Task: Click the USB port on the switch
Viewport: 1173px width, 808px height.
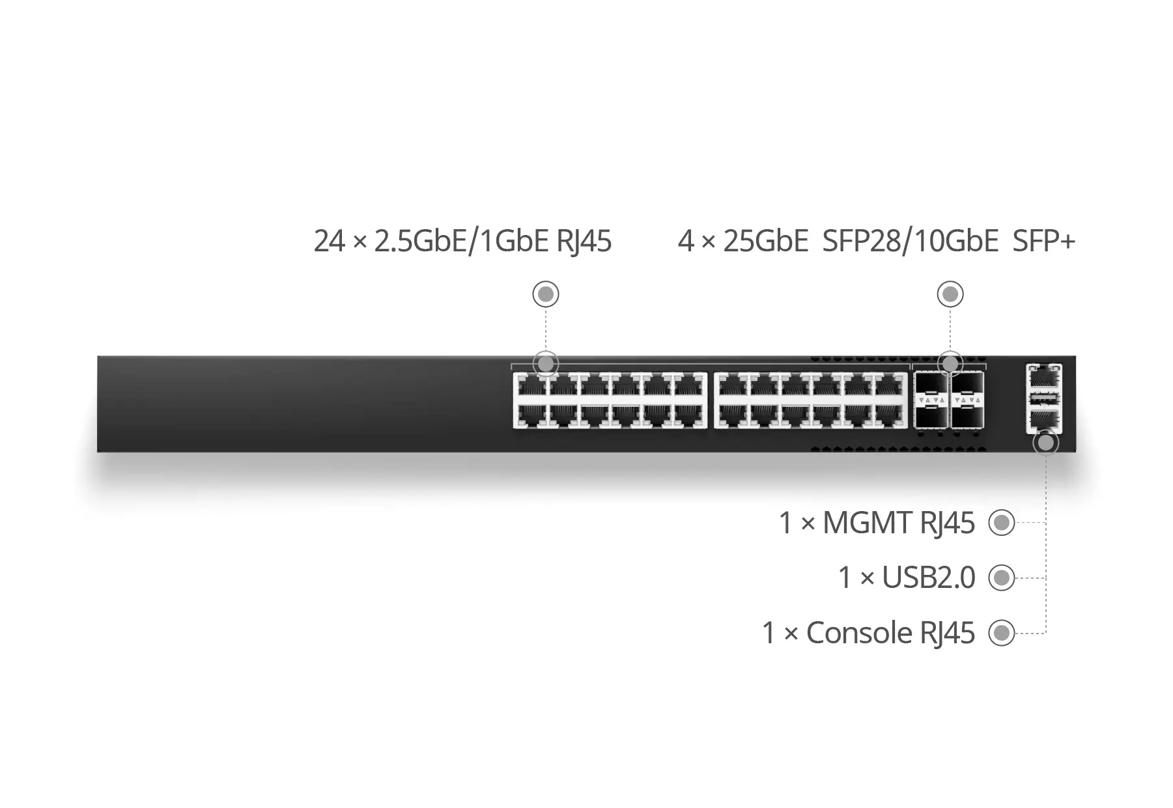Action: pyautogui.click(x=1043, y=398)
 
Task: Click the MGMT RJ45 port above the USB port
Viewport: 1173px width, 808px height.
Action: pyautogui.click(x=1043, y=378)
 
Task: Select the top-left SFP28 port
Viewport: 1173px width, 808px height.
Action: pyautogui.click(x=930, y=383)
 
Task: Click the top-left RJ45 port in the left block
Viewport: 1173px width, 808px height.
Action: pyautogui.click(x=531, y=385)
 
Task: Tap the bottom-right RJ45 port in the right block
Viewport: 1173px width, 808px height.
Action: pyautogui.click(x=890, y=415)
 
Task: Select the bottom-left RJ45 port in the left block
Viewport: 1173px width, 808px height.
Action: pyautogui.click(x=531, y=415)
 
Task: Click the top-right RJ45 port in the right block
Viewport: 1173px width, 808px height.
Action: pyautogui.click(x=890, y=385)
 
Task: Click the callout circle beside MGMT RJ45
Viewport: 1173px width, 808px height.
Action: pyautogui.click(x=1001, y=523)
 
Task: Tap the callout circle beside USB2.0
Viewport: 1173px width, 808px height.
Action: pyautogui.click(x=1001, y=578)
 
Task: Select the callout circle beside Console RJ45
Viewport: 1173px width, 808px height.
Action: pyautogui.click(x=1001, y=633)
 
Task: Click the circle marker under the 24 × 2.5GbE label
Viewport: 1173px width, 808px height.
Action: pyautogui.click(x=546, y=294)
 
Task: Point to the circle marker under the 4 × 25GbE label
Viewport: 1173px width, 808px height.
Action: pyautogui.click(x=950, y=294)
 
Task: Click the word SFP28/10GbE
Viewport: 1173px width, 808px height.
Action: pyautogui.click(x=910, y=241)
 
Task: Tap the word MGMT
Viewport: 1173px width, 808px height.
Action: pyautogui.click(x=866, y=523)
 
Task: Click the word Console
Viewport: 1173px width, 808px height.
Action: pyautogui.click(x=858, y=633)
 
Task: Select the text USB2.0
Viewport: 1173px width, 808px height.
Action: pyautogui.click(x=928, y=578)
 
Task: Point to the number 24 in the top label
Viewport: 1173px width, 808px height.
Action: pyautogui.click(x=329, y=241)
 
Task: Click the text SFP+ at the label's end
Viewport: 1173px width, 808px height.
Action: pyautogui.click(x=1043, y=241)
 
